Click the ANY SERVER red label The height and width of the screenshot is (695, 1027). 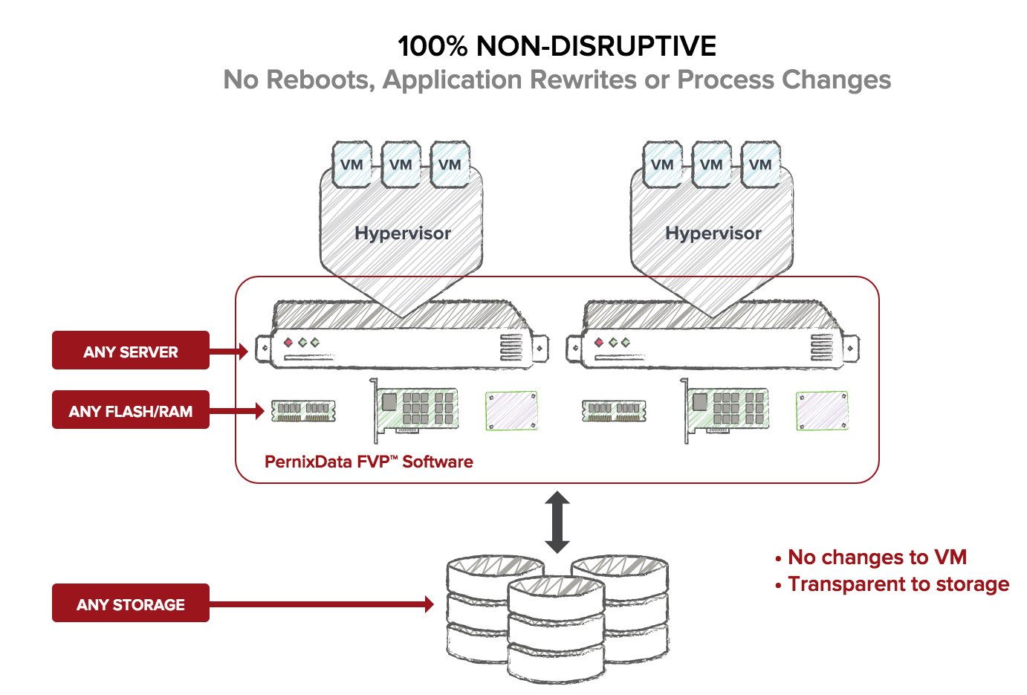130,351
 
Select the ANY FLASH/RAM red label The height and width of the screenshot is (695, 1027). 130,410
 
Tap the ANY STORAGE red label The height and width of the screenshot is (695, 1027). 130,604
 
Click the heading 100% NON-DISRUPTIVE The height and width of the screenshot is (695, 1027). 557,46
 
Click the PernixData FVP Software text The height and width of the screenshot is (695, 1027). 369,462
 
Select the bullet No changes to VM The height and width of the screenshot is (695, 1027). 876,557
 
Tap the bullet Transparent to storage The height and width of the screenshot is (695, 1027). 898,584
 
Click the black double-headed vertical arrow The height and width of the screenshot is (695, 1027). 557,522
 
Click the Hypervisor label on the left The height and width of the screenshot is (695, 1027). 403,233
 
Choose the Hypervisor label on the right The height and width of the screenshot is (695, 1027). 713,233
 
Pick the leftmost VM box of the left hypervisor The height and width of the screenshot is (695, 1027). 351,165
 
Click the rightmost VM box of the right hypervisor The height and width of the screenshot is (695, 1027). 760,165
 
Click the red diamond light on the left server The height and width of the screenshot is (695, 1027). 288,343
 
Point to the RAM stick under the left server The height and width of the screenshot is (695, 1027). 303,410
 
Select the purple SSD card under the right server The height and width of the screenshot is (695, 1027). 822,410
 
